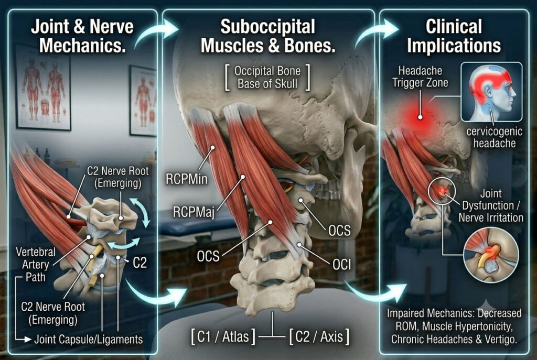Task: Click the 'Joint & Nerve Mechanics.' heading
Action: pyautogui.click(x=82, y=36)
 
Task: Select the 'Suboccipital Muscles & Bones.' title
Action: pyautogui.click(x=268, y=36)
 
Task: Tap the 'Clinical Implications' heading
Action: pyautogui.click(x=454, y=36)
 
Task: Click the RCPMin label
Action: pyautogui.click(x=187, y=179)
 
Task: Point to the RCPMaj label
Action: pyautogui.click(x=194, y=212)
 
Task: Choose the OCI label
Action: pyautogui.click(x=341, y=264)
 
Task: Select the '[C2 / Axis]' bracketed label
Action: pyautogui.click(x=319, y=336)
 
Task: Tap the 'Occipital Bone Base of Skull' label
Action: pyautogui.click(x=267, y=77)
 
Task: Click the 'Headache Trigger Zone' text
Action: pyautogui.click(x=420, y=77)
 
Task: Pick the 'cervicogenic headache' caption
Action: pyautogui.click(x=494, y=137)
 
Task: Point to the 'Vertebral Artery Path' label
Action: pyautogui.click(x=35, y=264)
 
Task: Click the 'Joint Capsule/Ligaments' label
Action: pyautogui.click(x=89, y=339)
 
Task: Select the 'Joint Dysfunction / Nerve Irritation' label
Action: pyautogui.click(x=491, y=205)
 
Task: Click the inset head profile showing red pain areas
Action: pyautogui.click(x=491, y=92)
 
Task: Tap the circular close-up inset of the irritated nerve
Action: pyautogui.click(x=491, y=255)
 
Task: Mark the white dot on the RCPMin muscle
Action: pyautogui.click(x=213, y=148)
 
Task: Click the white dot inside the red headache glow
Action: pyautogui.click(x=420, y=117)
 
